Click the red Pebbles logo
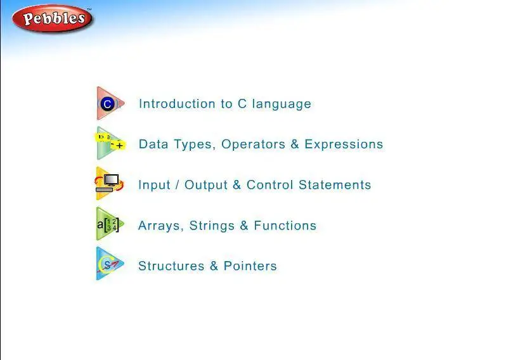point(52,18)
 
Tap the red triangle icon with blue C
point(110,103)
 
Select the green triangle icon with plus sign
point(110,143)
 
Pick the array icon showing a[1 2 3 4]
point(110,224)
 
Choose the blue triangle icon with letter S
point(110,264)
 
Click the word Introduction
point(177,103)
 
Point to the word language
point(282,105)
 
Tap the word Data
point(153,145)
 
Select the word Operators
point(254,145)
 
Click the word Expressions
point(344,145)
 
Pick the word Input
point(154,185)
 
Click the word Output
point(206,185)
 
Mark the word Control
point(269,185)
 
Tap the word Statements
point(335,185)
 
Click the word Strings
point(212,226)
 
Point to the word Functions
point(285,226)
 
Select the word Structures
point(171,266)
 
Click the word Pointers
point(250,266)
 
